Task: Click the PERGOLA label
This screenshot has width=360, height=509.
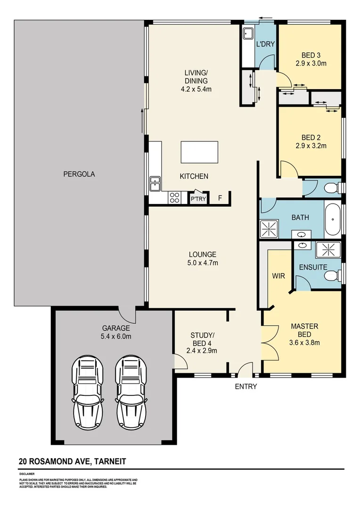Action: (x=79, y=174)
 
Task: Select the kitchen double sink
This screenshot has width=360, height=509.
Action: (x=155, y=184)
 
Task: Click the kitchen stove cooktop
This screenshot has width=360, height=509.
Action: (x=174, y=198)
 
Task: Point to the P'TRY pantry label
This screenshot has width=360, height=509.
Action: (x=197, y=200)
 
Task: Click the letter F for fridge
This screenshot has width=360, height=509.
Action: (x=220, y=198)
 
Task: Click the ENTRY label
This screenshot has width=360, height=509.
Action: (x=246, y=387)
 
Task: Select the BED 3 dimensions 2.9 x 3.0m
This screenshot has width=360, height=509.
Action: (x=311, y=63)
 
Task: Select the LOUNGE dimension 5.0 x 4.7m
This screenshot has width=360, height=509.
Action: (x=203, y=263)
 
